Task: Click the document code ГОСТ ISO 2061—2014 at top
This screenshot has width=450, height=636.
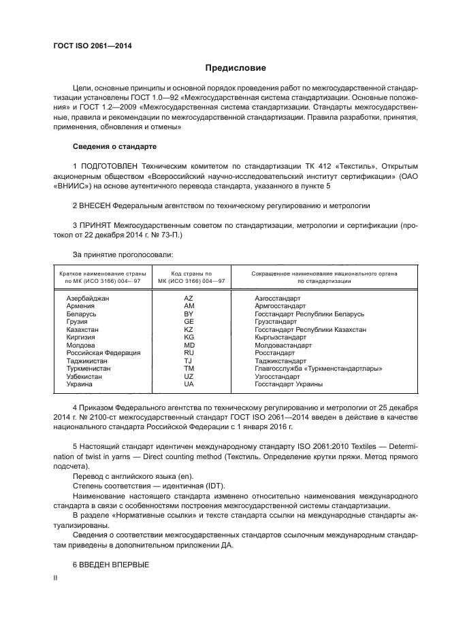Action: click(92, 46)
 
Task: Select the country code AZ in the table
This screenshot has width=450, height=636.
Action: click(189, 299)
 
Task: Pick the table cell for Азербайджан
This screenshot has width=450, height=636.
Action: click(88, 299)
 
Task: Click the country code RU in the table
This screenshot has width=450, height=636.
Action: click(189, 353)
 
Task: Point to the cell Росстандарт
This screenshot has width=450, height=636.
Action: click(274, 353)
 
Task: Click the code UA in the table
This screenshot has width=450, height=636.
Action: click(189, 384)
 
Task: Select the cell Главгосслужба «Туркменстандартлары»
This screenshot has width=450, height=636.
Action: click(317, 369)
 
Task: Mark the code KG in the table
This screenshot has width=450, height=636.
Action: click(189, 337)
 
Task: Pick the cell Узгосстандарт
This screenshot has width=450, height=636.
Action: click(277, 376)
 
